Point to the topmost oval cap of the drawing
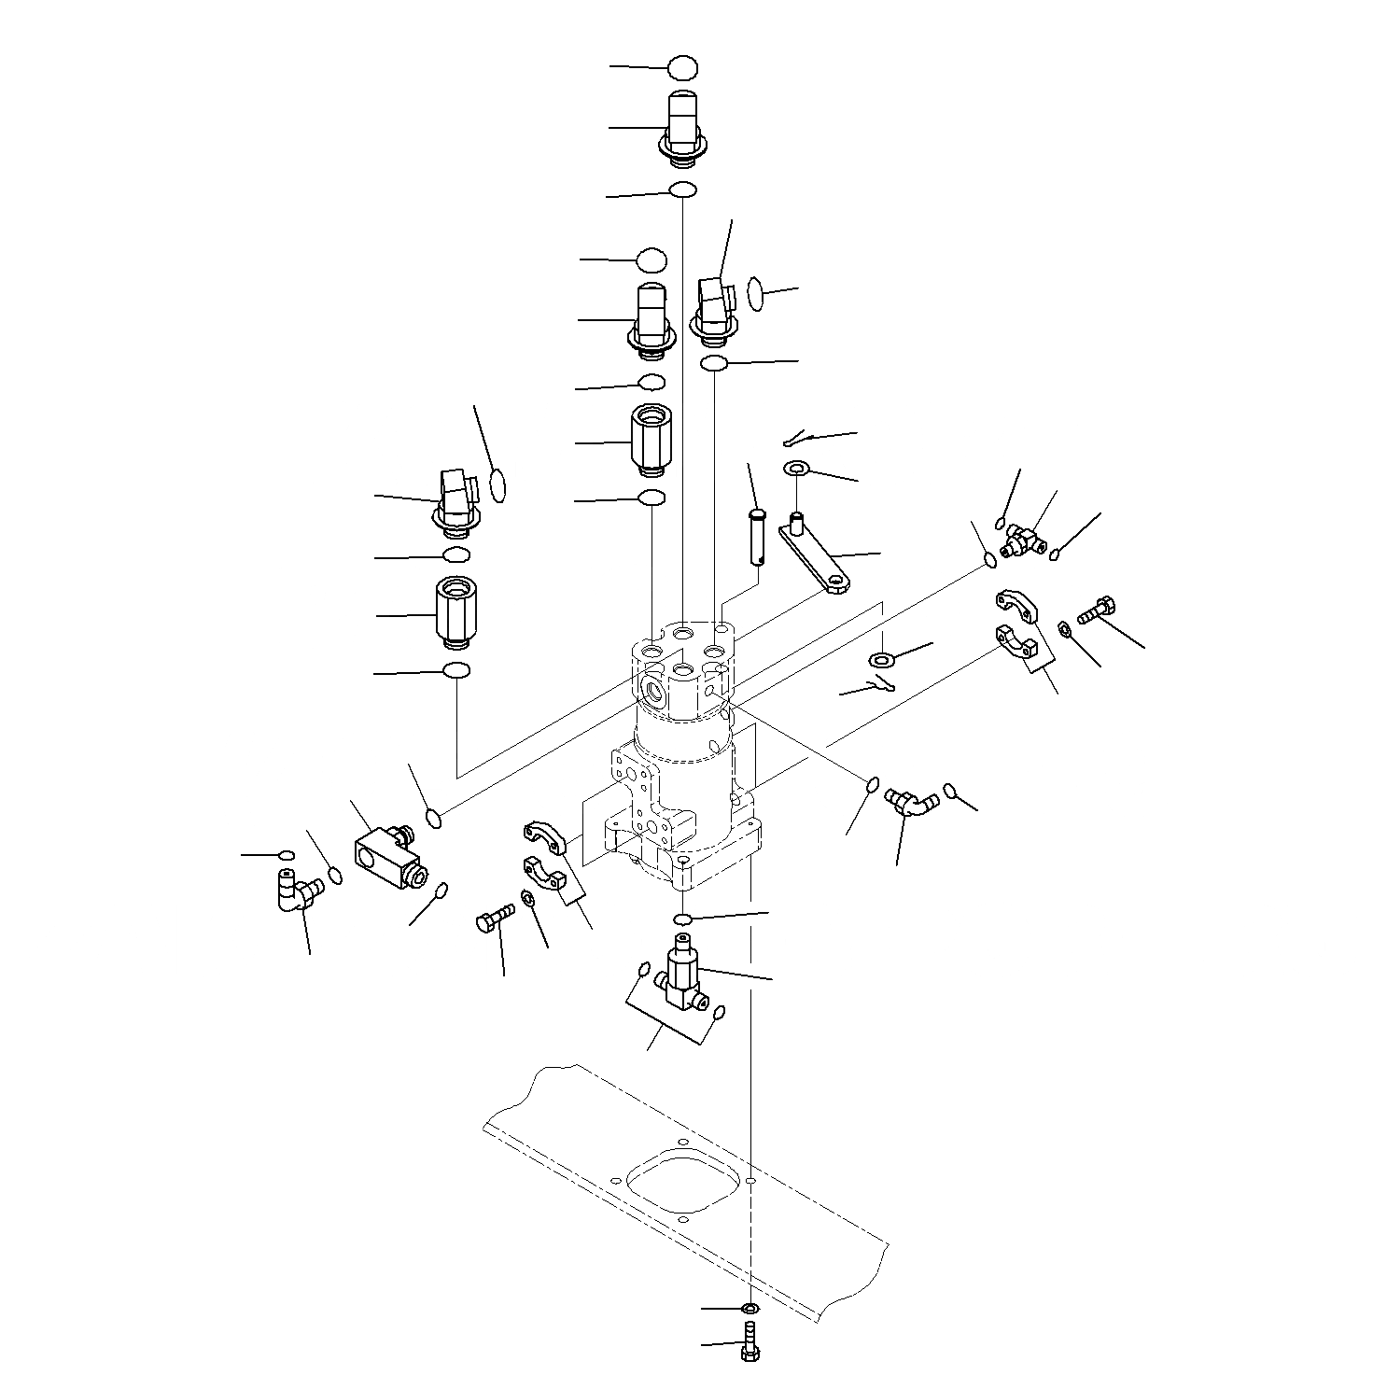pyautogui.click(x=682, y=67)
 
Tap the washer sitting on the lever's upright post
pyautogui.click(x=797, y=468)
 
